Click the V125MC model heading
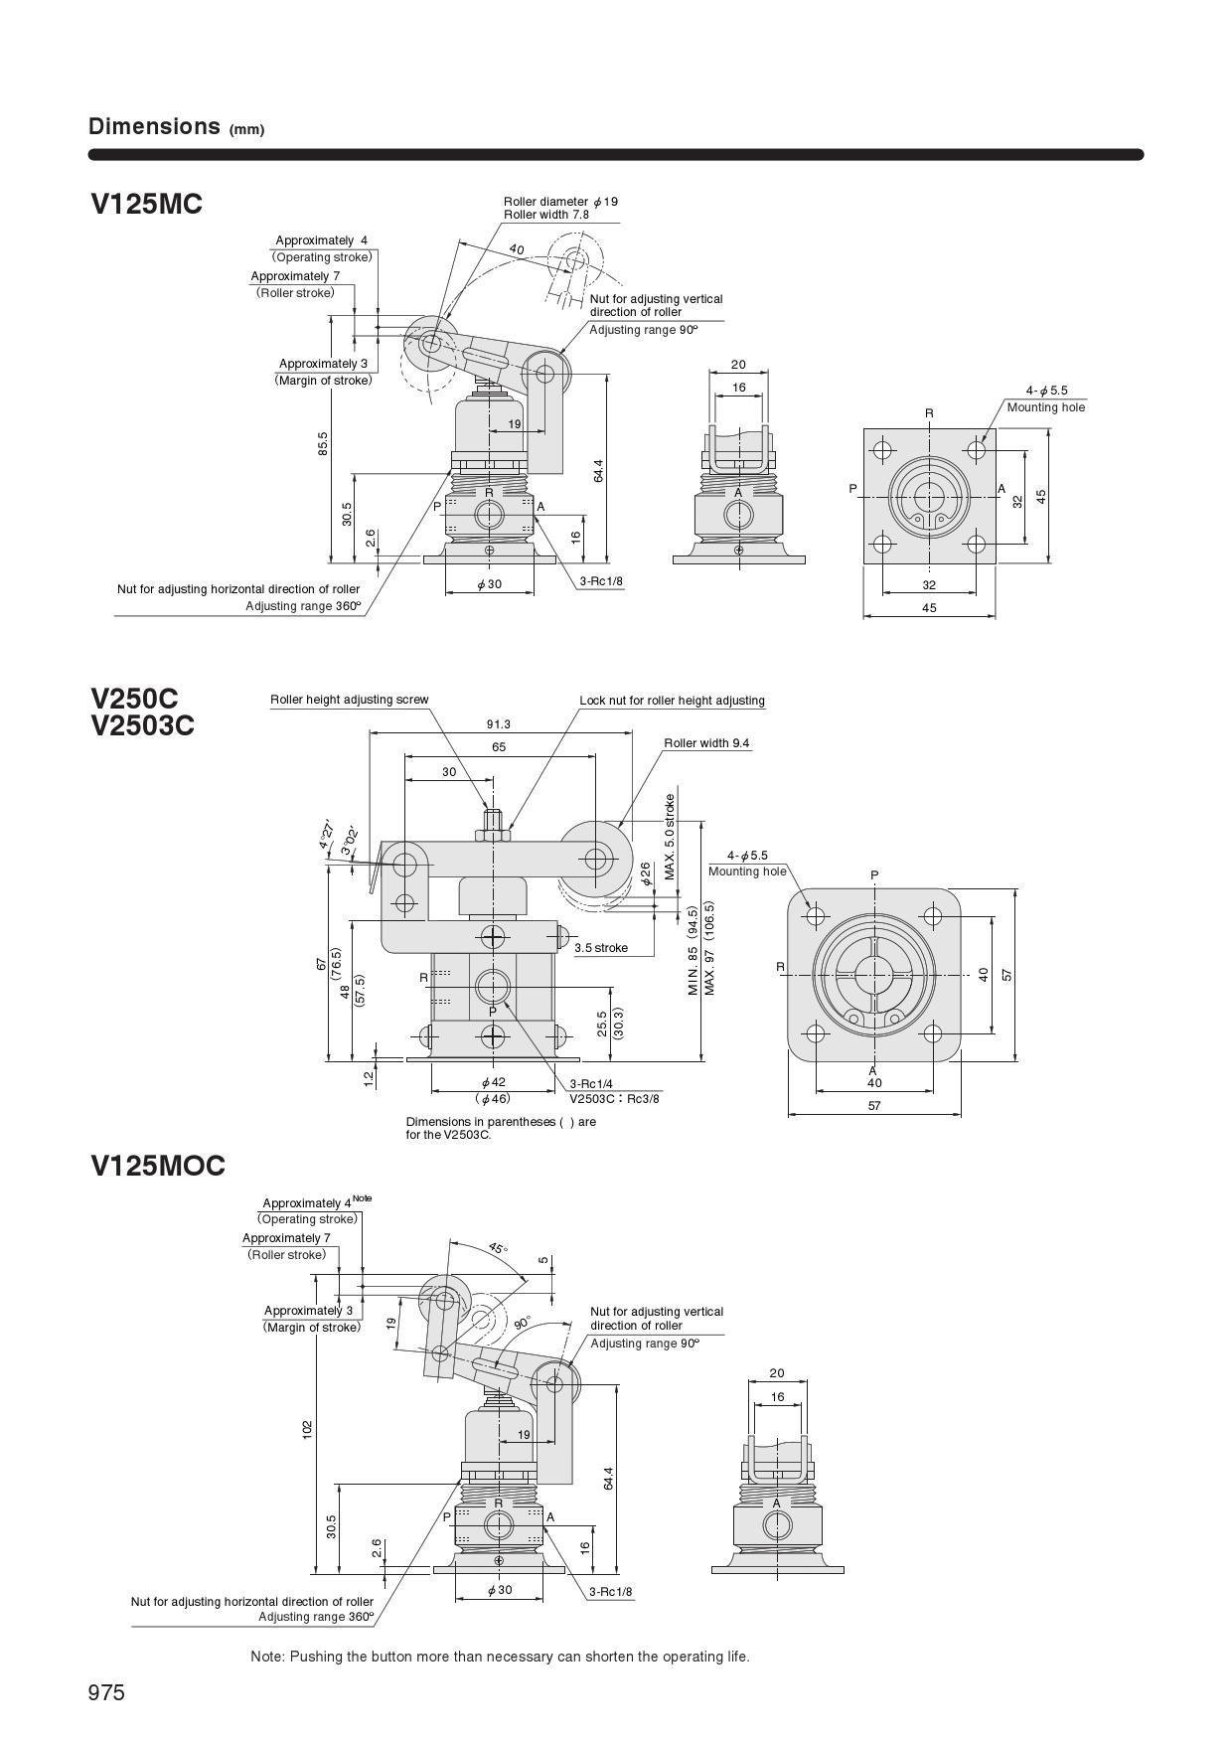(x=146, y=204)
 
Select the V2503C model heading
(x=142, y=726)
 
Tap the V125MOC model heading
(x=158, y=1166)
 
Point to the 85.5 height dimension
(x=323, y=443)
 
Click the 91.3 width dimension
(x=499, y=724)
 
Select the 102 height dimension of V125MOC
(x=307, y=1428)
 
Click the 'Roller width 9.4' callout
(x=706, y=743)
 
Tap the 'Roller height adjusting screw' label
(x=350, y=700)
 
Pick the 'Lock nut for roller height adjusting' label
(x=672, y=701)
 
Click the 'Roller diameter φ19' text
(x=560, y=201)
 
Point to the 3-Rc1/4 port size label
(x=591, y=1084)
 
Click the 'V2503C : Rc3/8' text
(x=614, y=1098)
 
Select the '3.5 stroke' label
(x=601, y=948)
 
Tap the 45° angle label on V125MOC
(x=497, y=1247)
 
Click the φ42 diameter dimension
(x=493, y=1082)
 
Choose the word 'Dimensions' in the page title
(x=154, y=126)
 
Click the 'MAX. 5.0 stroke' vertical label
(x=671, y=837)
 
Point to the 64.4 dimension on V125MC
(x=598, y=471)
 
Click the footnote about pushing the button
(x=500, y=1657)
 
